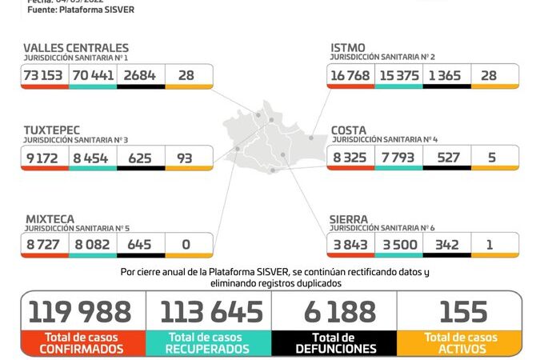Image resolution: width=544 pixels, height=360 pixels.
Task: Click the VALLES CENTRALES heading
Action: [x=75, y=49]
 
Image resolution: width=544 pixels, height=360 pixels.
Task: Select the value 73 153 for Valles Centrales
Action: [x=45, y=75]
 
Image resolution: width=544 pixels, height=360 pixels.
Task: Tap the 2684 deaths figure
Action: [x=141, y=75]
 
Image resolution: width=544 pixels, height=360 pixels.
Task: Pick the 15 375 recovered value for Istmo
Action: [x=398, y=75]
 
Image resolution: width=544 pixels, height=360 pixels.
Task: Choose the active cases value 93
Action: [x=189, y=158]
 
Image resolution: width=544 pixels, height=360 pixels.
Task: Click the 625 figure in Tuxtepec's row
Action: [x=141, y=158]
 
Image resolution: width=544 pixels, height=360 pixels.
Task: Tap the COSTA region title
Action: [x=350, y=130]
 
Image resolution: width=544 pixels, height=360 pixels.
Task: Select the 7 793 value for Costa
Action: [x=398, y=158]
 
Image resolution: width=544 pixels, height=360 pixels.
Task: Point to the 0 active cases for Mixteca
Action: [x=189, y=244]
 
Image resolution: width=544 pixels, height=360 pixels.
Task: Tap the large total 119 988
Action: [x=82, y=310]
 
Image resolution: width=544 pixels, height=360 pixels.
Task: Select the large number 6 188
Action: [x=334, y=310]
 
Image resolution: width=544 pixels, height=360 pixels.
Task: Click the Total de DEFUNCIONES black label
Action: [x=334, y=342]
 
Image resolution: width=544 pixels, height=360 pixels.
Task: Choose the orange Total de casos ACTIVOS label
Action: [x=460, y=342]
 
